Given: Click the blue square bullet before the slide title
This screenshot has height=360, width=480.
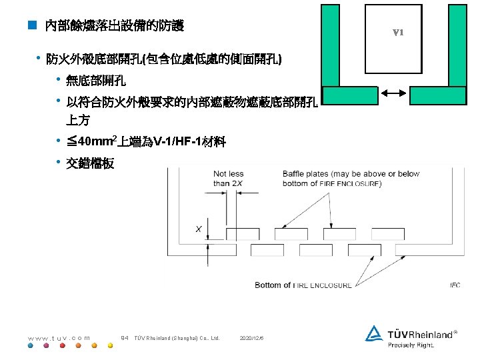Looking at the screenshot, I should point(31,27).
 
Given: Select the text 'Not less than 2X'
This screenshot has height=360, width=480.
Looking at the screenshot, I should point(229,178).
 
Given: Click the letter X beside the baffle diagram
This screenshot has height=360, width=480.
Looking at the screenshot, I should point(199,229).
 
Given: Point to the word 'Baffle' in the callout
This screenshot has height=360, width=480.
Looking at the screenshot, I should point(295,174).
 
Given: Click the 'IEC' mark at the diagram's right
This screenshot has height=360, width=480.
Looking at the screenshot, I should point(455,285).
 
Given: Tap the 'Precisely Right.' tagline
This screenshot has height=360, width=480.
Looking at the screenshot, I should point(411,345).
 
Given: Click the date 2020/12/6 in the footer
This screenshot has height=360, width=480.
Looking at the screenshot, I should point(251,337).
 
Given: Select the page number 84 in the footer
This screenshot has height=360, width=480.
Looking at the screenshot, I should point(124,337).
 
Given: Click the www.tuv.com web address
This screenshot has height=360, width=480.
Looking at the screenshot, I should point(59,337).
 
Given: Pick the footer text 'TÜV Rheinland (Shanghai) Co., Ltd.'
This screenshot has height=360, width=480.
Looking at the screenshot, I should point(177,337).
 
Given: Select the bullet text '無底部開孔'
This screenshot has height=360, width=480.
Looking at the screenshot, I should point(95,81).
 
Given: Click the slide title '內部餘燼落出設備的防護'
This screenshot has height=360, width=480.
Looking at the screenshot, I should point(114,27).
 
